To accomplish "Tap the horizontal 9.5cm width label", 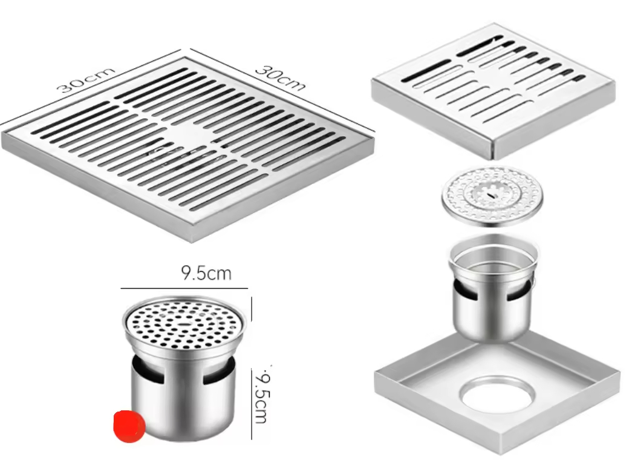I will click(x=206, y=273).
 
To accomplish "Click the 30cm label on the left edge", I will click(x=85, y=79).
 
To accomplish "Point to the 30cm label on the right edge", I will click(x=279, y=77).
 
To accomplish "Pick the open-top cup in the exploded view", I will click(x=493, y=284).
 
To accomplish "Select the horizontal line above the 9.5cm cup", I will click(x=184, y=288).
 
